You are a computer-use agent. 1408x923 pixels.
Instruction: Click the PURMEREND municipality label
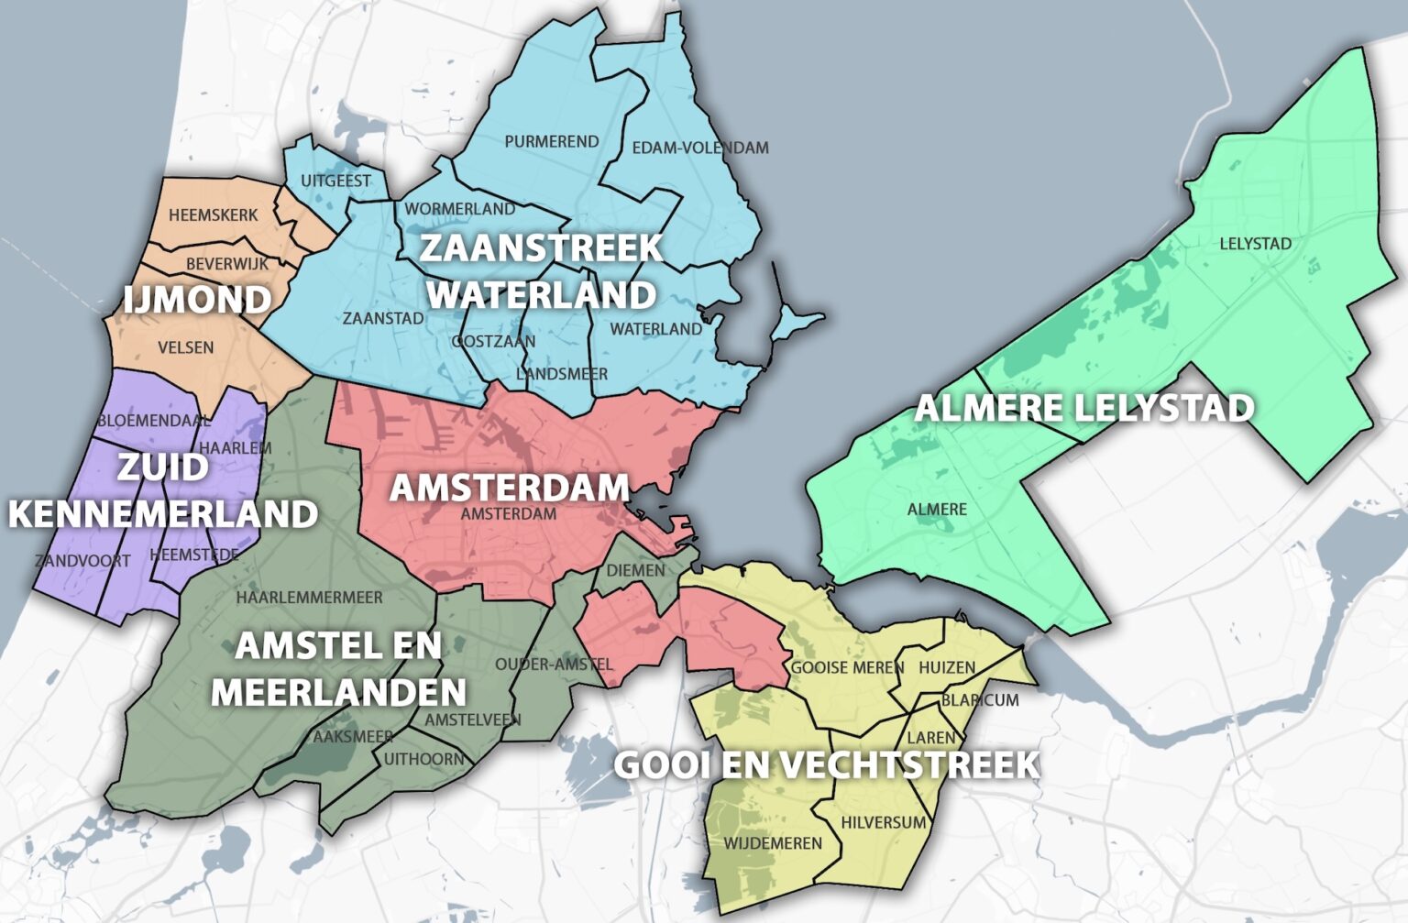point(551,141)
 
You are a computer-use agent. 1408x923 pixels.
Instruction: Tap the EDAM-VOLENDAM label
point(699,148)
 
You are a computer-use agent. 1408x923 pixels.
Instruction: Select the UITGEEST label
point(335,181)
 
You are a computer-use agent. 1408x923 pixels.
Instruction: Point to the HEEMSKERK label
point(213,215)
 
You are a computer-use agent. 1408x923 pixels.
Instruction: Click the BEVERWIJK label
point(227,264)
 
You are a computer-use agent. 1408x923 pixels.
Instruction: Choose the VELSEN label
point(185,347)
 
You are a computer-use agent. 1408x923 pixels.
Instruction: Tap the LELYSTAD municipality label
point(1255,244)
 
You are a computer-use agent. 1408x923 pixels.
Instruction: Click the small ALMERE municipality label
point(937,510)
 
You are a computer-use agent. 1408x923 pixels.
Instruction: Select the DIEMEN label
point(635,570)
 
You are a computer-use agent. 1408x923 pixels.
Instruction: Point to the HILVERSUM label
point(883,822)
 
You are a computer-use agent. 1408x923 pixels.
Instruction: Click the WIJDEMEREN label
point(773,843)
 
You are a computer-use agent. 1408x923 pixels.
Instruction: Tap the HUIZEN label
point(946,667)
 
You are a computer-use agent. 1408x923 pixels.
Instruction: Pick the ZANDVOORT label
point(82,560)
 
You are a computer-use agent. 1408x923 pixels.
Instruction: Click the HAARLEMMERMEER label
point(309,598)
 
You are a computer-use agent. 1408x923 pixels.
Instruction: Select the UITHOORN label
point(423,759)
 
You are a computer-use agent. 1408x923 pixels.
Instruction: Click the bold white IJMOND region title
point(197,300)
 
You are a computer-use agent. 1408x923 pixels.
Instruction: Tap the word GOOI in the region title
point(654,764)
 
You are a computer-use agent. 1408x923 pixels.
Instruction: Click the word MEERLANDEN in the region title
point(338,692)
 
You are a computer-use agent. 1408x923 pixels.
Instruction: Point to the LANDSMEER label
point(561,374)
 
